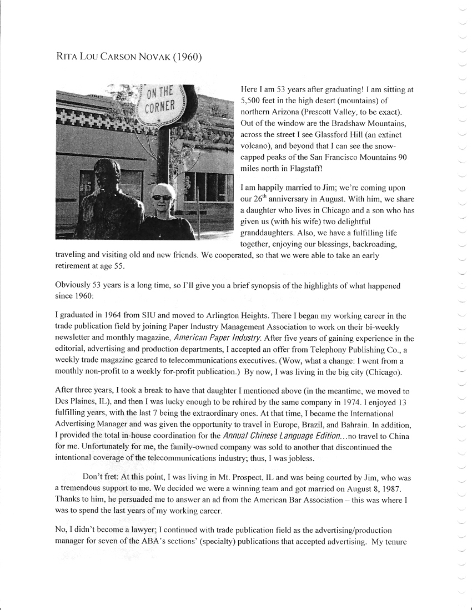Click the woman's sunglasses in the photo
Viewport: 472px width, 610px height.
pos(162,196)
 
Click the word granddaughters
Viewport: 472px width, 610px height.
pos(266,233)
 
